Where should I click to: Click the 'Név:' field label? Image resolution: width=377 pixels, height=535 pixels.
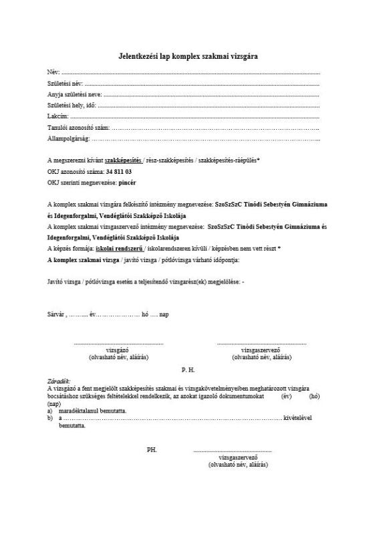point(53,71)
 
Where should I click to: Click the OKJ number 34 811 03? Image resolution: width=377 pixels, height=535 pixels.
point(118,171)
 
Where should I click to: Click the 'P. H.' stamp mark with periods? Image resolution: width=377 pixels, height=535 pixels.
point(188,369)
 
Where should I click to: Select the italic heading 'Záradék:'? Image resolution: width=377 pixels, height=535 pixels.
point(59,382)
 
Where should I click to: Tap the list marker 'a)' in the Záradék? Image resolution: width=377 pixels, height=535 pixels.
point(50,411)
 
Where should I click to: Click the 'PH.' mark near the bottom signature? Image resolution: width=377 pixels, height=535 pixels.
point(152,450)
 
